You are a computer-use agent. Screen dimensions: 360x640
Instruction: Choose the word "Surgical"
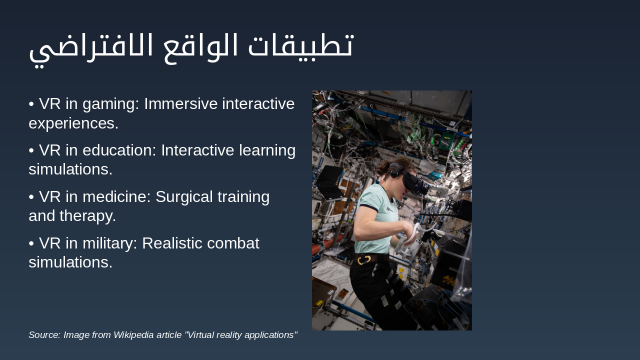(186, 197)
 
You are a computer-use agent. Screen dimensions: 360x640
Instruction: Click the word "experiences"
(73, 123)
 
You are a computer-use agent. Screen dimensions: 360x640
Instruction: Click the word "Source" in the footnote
(44, 335)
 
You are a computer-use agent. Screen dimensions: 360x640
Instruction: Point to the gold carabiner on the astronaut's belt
(363, 259)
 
